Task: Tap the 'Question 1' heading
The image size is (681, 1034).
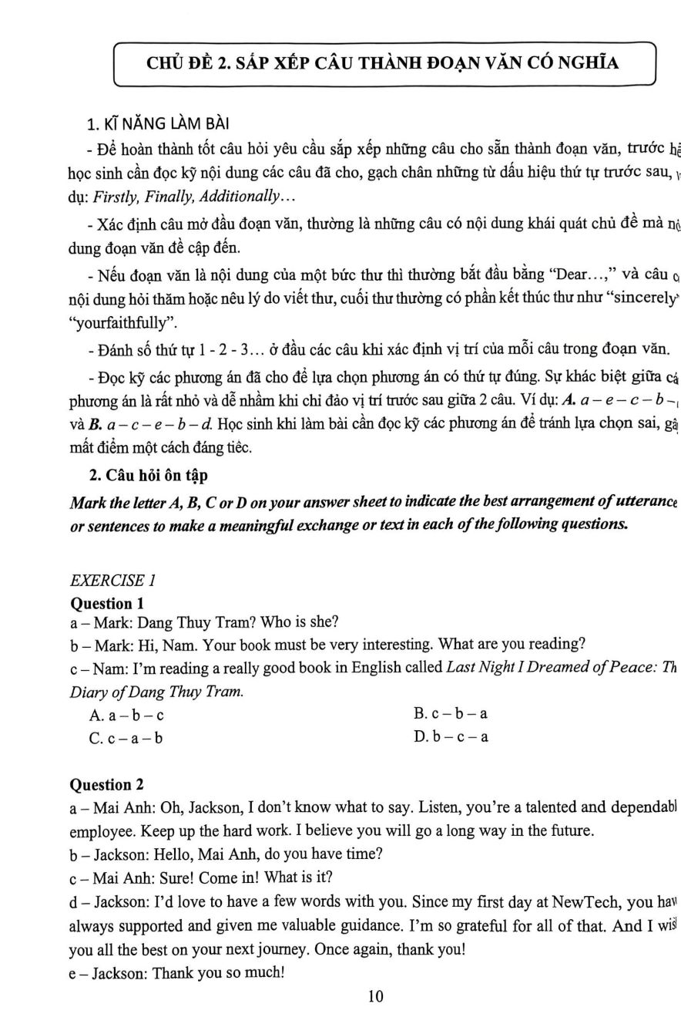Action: (106, 603)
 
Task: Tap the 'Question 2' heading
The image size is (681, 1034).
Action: (106, 785)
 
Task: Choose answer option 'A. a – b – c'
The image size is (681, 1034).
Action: (126, 716)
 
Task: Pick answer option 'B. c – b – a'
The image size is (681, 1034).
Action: (451, 713)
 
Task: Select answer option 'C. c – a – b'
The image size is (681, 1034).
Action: (126, 738)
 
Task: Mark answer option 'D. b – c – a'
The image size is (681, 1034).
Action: (451, 736)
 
